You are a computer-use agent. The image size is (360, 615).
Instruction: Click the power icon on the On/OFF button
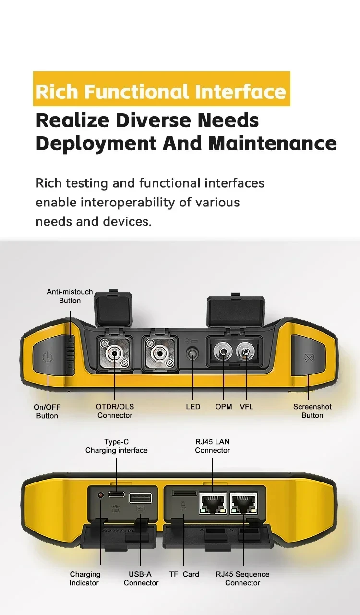(x=48, y=357)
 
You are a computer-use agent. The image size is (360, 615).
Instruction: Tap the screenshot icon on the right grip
(x=309, y=358)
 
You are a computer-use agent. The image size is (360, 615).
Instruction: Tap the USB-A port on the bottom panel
(x=140, y=497)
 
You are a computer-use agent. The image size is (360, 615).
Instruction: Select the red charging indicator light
(x=101, y=495)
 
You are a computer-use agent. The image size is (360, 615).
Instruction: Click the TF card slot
(x=184, y=493)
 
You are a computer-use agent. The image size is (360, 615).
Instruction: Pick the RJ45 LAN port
(x=213, y=503)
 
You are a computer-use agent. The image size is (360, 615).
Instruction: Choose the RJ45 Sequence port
(x=244, y=503)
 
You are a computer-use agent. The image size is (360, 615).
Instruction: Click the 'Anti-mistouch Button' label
(x=70, y=296)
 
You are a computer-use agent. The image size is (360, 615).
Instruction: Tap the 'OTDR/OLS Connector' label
(x=115, y=411)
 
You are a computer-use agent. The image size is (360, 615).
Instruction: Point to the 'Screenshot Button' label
(x=312, y=411)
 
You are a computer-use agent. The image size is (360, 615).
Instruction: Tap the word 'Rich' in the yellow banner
(x=57, y=91)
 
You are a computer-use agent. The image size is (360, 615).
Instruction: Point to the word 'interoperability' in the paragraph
(x=128, y=203)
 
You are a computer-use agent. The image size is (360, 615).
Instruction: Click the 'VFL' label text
(x=246, y=407)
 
